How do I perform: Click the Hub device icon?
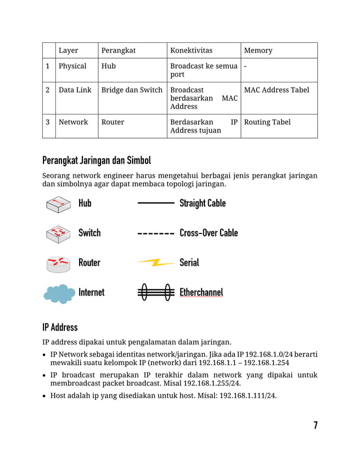[x=58, y=204]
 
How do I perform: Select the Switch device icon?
[x=58, y=233]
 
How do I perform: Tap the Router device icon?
[x=58, y=263]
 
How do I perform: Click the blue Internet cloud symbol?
[x=59, y=293]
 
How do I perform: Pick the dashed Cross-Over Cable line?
[x=156, y=233]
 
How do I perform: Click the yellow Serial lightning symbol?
[x=155, y=262]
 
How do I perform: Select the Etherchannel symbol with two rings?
[x=156, y=292]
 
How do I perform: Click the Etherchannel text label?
[x=201, y=292]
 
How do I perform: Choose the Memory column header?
[x=258, y=51]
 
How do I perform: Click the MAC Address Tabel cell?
[x=276, y=90]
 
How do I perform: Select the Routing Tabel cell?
[x=267, y=122]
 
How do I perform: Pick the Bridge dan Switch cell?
[x=132, y=90]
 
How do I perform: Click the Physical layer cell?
[x=73, y=66]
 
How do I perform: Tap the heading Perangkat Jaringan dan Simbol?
[x=96, y=160]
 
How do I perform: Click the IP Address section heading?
[x=60, y=327]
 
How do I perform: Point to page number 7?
[x=315, y=425]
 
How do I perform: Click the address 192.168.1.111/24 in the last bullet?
[x=245, y=395]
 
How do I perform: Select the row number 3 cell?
[x=48, y=122]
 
